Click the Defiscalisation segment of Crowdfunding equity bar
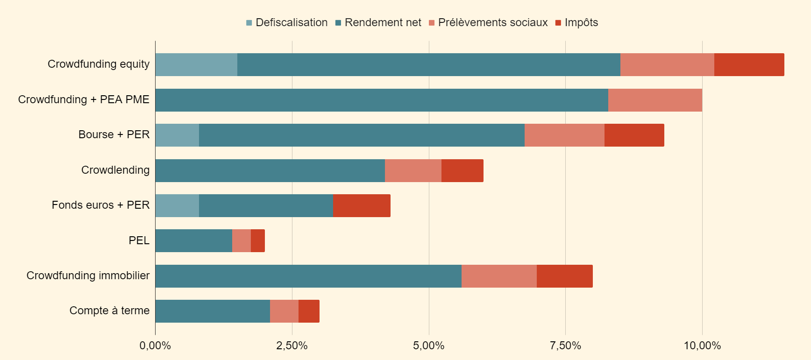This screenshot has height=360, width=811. click(196, 64)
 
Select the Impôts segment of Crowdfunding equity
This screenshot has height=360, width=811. click(749, 64)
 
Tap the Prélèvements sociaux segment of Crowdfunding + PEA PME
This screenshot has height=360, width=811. click(655, 100)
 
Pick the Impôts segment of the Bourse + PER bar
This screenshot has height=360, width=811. click(634, 135)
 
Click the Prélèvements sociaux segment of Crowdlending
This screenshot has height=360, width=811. click(413, 170)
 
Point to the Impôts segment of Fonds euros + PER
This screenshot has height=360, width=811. click(362, 205)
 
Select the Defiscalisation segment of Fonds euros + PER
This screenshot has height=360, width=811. click(177, 205)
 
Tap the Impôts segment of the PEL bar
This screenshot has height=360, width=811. click(258, 240)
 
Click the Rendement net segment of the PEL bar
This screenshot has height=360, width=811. click(194, 240)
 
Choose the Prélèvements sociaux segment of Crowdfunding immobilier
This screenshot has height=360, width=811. click(499, 276)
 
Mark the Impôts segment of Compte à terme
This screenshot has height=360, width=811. click(309, 311)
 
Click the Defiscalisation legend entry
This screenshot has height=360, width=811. click(287, 22)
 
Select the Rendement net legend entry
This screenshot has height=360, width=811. click(378, 22)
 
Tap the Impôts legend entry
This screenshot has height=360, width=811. click(576, 22)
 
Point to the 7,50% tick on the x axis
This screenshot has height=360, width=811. click(565, 346)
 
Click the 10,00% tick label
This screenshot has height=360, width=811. click(702, 346)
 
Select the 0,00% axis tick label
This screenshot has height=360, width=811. click(155, 346)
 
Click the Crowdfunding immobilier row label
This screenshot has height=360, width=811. click(88, 275)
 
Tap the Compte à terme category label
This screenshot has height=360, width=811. click(109, 311)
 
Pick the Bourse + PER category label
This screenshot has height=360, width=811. click(114, 134)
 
